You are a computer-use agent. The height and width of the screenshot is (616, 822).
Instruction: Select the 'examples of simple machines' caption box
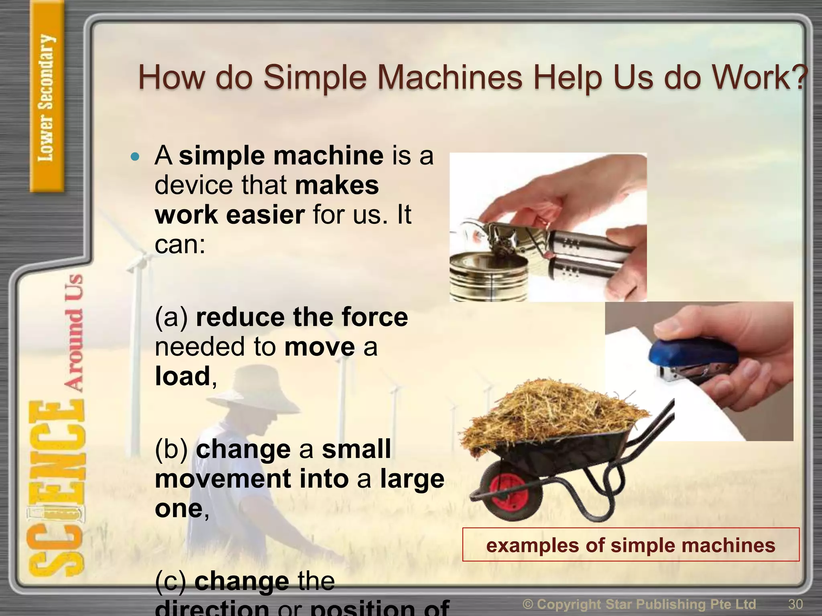click(631, 545)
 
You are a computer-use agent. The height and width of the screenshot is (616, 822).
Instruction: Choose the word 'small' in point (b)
click(356, 449)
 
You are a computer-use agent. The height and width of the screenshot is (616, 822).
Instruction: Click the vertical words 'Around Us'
click(74, 333)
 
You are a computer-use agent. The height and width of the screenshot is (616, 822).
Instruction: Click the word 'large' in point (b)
click(412, 479)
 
